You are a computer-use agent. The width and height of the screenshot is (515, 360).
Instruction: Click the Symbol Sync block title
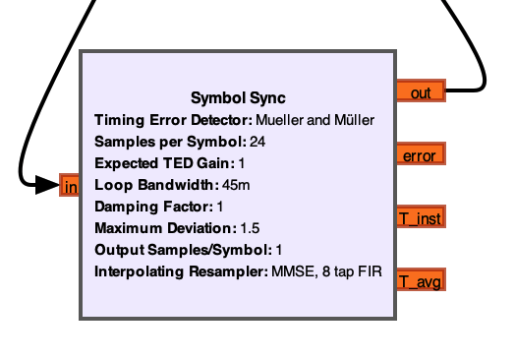pyautogui.click(x=238, y=98)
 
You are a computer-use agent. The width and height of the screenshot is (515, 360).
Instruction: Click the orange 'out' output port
pyautogui.click(x=420, y=91)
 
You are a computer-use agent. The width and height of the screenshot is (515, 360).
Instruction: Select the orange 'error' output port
pyautogui.click(x=421, y=155)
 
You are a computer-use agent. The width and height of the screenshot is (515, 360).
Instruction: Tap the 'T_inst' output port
pyautogui.click(x=421, y=218)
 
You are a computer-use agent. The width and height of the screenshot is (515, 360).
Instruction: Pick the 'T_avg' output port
pyautogui.click(x=420, y=281)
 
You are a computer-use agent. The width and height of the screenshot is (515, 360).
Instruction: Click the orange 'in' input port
pyautogui.click(x=70, y=186)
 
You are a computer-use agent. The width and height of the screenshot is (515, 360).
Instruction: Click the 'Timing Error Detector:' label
pyautogui.click(x=173, y=120)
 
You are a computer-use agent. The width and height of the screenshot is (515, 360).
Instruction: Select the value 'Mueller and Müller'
pyautogui.click(x=315, y=120)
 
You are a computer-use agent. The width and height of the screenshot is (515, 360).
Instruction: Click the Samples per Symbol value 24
pyautogui.click(x=257, y=142)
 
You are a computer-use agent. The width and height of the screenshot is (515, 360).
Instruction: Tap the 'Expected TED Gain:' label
pyautogui.click(x=164, y=163)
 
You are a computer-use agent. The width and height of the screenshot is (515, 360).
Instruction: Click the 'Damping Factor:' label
pyautogui.click(x=153, y=207)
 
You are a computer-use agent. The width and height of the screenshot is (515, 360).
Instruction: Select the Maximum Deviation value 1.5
pyautogui.click(x=250, y=228)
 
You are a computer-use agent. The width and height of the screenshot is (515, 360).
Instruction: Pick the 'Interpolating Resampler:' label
pyautogui.click(x=181, y=271)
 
